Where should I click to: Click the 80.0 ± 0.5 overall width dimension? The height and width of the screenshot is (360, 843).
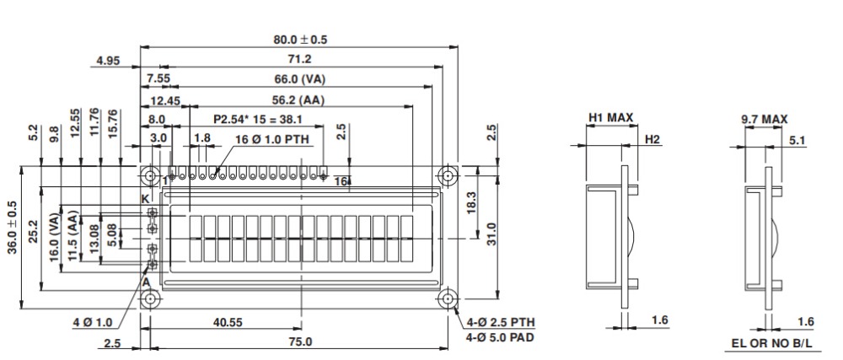click(x=300, y=39)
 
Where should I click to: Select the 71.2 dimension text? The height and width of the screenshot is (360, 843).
click(x=300, y=59)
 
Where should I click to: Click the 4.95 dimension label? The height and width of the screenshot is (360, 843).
click(x=108, y=60)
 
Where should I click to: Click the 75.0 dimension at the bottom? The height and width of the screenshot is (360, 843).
click(x=300, y=342)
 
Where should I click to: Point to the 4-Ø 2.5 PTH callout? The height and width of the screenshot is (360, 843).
click(x=500, y=322)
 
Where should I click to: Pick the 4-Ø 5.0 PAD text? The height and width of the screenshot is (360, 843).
click(x=501, y=337)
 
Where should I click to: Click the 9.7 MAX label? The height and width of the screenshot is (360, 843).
click(x=764, y=120)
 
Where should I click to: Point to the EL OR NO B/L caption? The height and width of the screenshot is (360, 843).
click(x=773, y=344)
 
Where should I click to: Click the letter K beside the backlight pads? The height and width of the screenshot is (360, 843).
click(x=144, y=198)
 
